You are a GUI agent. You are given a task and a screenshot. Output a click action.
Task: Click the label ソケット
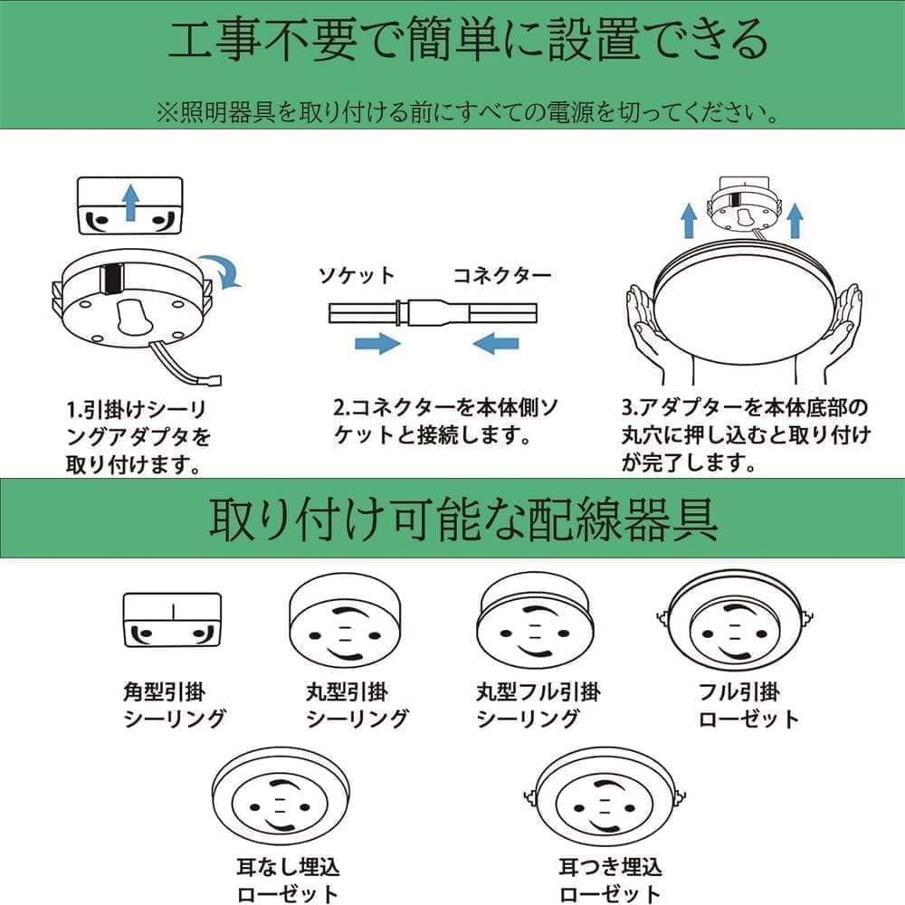(356, 275)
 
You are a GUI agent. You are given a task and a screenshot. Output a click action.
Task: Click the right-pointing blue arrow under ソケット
(377, 343)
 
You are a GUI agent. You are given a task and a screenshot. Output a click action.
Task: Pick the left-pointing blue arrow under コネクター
(496, 343)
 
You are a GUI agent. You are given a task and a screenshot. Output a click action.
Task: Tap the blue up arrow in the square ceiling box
(130, 200)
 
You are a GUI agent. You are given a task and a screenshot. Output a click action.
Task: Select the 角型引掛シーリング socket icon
(172, 620)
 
